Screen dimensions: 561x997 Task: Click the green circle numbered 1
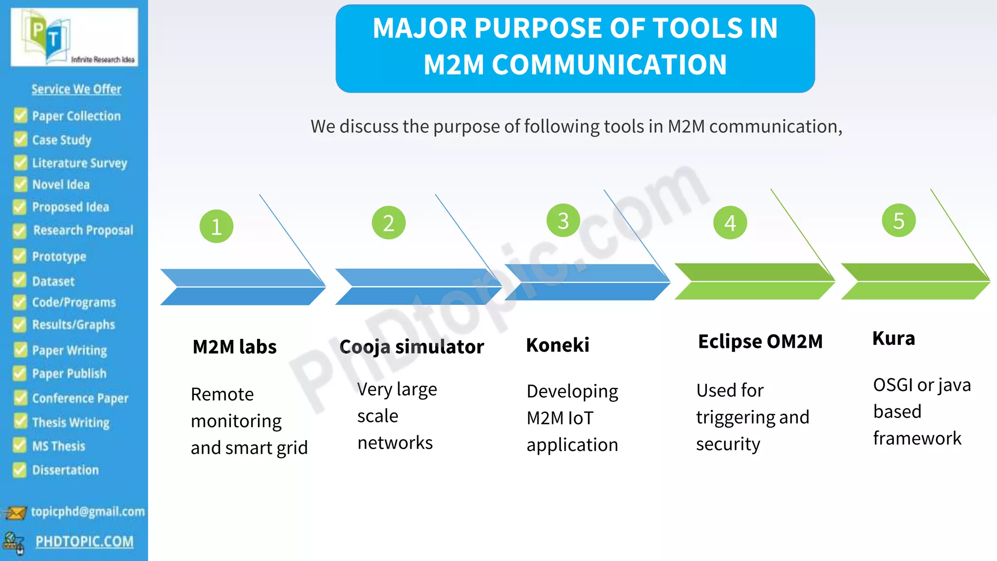click(217, 226)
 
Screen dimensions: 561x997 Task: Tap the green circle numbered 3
click(563, 221)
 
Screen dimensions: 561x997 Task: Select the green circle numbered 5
click(899, 221)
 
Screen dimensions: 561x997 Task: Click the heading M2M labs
click(235, 347)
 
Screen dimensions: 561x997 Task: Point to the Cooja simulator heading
click(412, 347)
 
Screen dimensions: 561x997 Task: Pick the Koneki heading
click(558, 345)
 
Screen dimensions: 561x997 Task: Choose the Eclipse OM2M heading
click(760, 342)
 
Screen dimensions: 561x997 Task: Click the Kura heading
click(894, 338)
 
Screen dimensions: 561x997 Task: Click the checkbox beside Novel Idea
click(20, 185)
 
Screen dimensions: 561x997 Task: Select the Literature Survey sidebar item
click(79, 163)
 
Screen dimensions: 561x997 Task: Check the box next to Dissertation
click(20, 470)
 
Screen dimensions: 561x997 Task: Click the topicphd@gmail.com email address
click(88, 512)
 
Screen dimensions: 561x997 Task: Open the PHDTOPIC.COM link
click(84, 542)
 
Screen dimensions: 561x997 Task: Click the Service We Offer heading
click(76, 89)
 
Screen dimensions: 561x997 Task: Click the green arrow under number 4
click(754, 281)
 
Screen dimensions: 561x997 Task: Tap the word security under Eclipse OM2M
click(728, 445)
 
